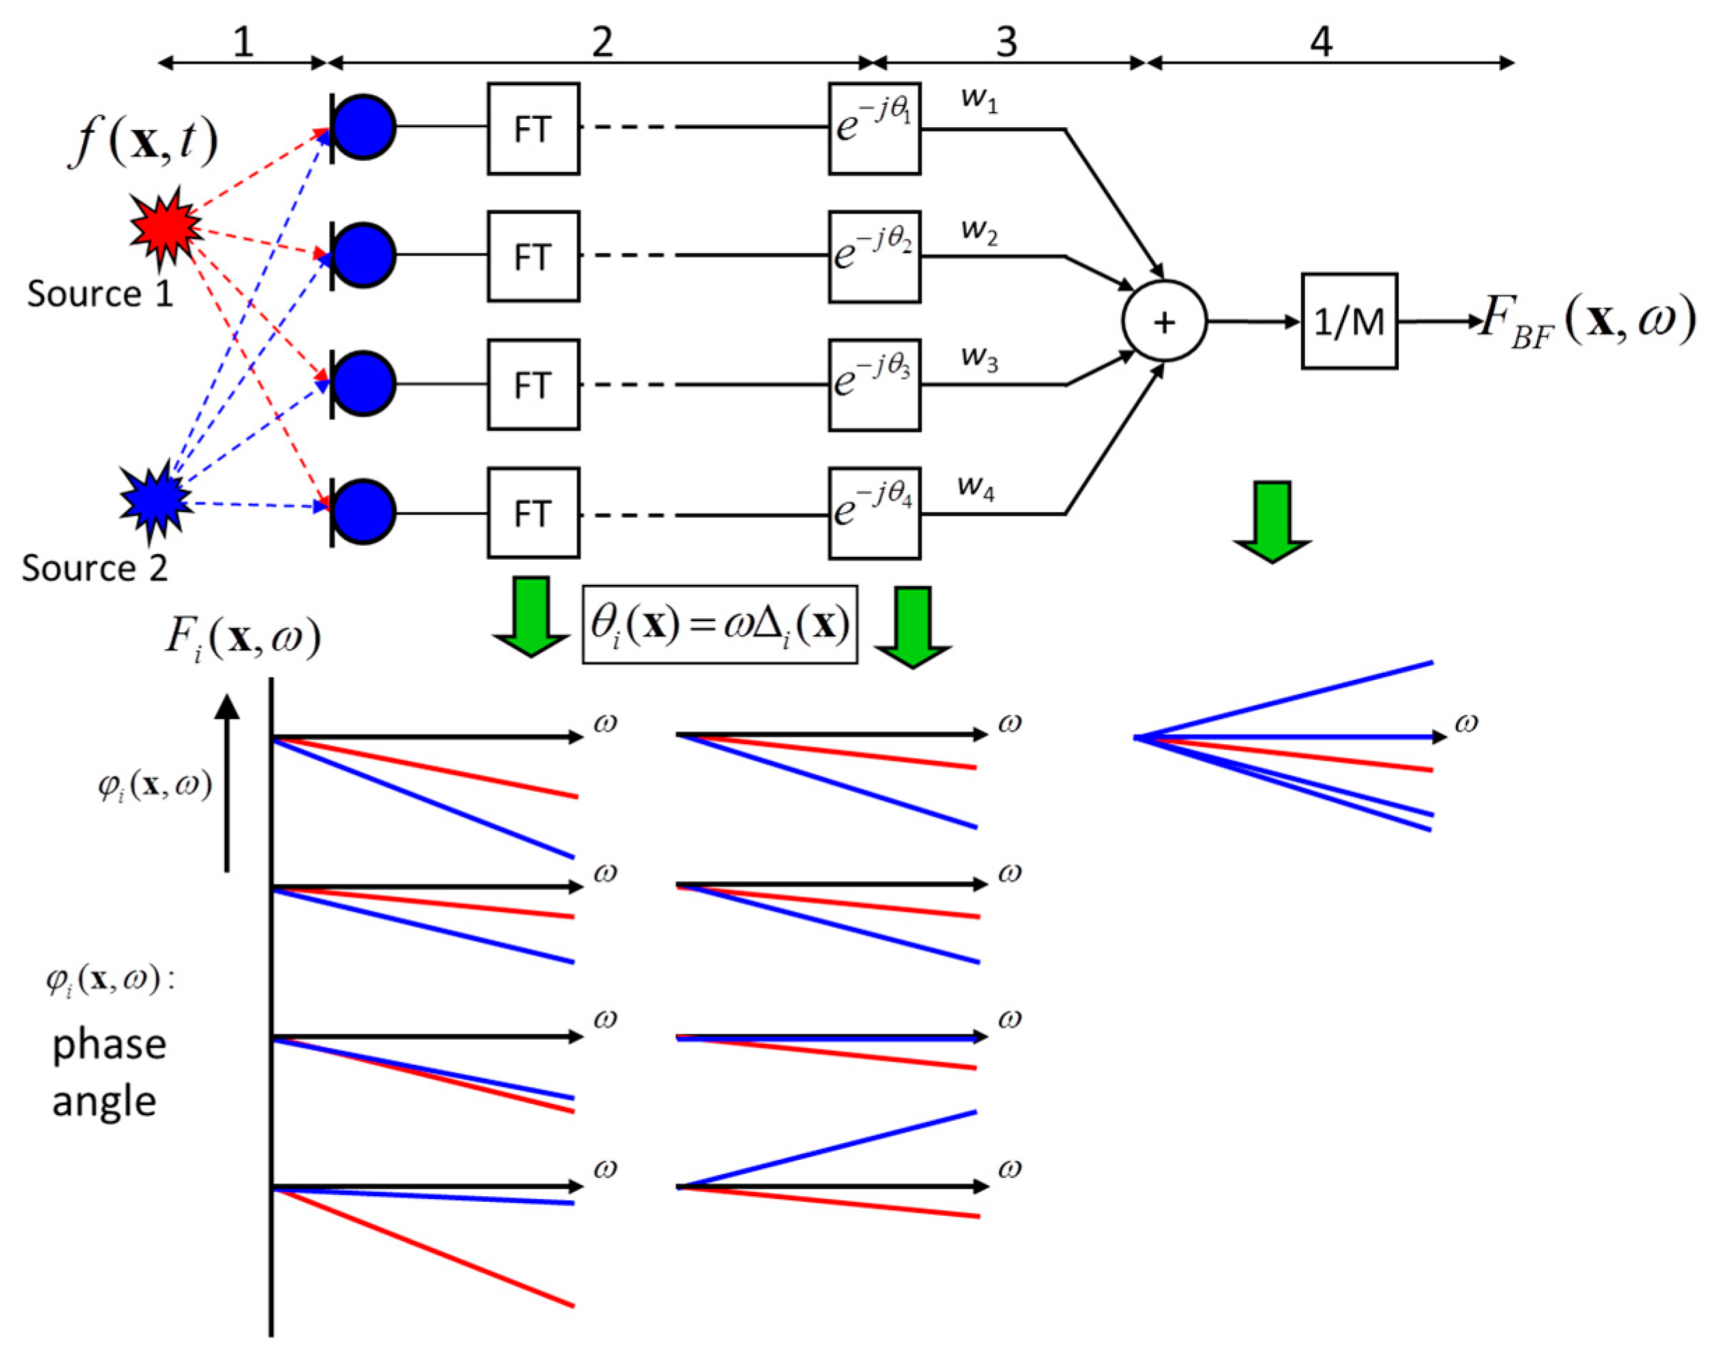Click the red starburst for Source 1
[164, 227]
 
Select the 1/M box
[1348, 321]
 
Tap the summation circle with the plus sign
[1163, 321]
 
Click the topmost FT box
[533, 129]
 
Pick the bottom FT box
[533, 513]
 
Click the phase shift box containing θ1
[874, 129]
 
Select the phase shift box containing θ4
[874, 513]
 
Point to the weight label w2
[979, 231]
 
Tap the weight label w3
[979, 358]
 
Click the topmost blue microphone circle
[363, 127]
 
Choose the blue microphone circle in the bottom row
[363, 512]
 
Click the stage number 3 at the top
[1006, 41]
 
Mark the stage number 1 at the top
[243, 41]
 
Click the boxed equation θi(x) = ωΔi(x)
[719, 625]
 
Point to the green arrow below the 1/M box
[1272, 520]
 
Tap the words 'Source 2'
[94, 568]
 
